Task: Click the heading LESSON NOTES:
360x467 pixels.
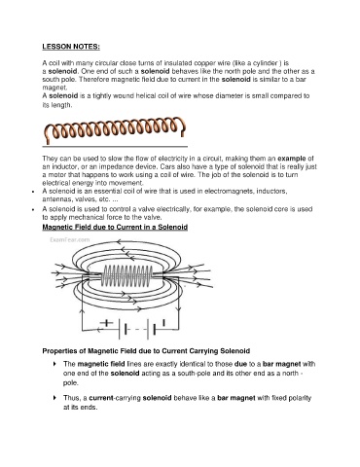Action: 71,47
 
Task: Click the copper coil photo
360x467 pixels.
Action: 114,130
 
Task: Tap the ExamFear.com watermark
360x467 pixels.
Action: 70,240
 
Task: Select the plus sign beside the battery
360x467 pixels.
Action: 106,323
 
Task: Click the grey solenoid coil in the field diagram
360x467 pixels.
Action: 126,276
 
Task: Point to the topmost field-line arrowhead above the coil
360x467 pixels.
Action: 119,241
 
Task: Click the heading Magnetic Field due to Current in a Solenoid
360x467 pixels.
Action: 115,227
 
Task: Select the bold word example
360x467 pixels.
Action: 292,159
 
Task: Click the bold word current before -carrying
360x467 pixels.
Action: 101,398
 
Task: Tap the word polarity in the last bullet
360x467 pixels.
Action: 299,398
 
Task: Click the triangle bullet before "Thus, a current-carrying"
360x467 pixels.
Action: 54,398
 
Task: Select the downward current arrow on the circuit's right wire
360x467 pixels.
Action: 178,308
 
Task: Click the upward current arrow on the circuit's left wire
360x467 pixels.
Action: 82,310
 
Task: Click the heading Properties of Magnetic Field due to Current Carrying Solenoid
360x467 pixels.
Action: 146,351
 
